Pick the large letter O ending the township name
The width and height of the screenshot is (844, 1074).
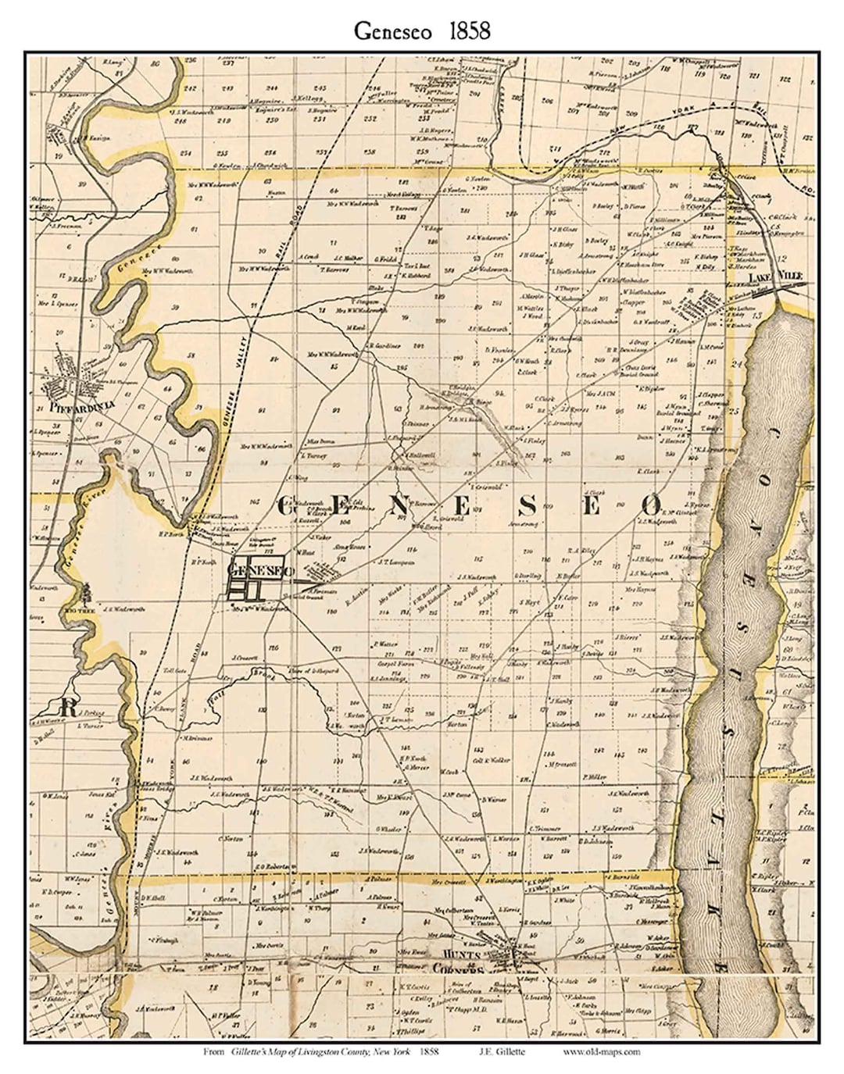(653, 504)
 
